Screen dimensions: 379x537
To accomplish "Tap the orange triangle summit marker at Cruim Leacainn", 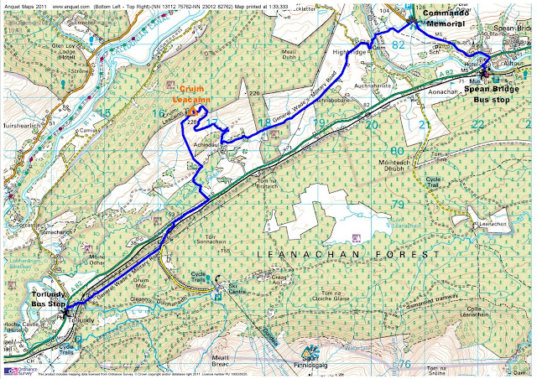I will pos(192,110).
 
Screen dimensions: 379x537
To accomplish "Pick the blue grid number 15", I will pos(104,112).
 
